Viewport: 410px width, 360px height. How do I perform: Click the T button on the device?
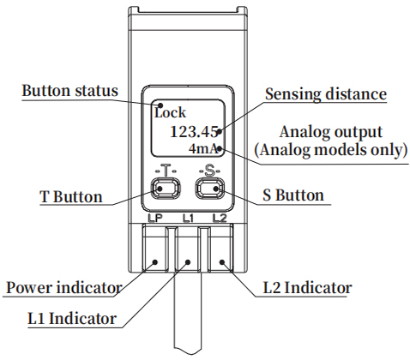tap(166, 189)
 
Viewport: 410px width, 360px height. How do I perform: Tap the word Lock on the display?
tap(170, 112)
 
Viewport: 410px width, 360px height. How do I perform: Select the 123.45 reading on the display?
tap(194, 132)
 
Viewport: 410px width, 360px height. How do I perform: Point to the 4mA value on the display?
tap(203, 149)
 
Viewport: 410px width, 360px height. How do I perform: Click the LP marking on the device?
tap(155, 219)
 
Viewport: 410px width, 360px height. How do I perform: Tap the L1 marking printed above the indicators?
tap(188, 219)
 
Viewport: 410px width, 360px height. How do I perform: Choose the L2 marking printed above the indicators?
tap(220, 219)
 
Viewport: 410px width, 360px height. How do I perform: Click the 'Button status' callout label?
tap(70, 91)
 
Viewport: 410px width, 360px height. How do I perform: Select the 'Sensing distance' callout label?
tap(326, 93)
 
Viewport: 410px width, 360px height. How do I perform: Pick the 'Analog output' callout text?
tap(331, 132)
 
